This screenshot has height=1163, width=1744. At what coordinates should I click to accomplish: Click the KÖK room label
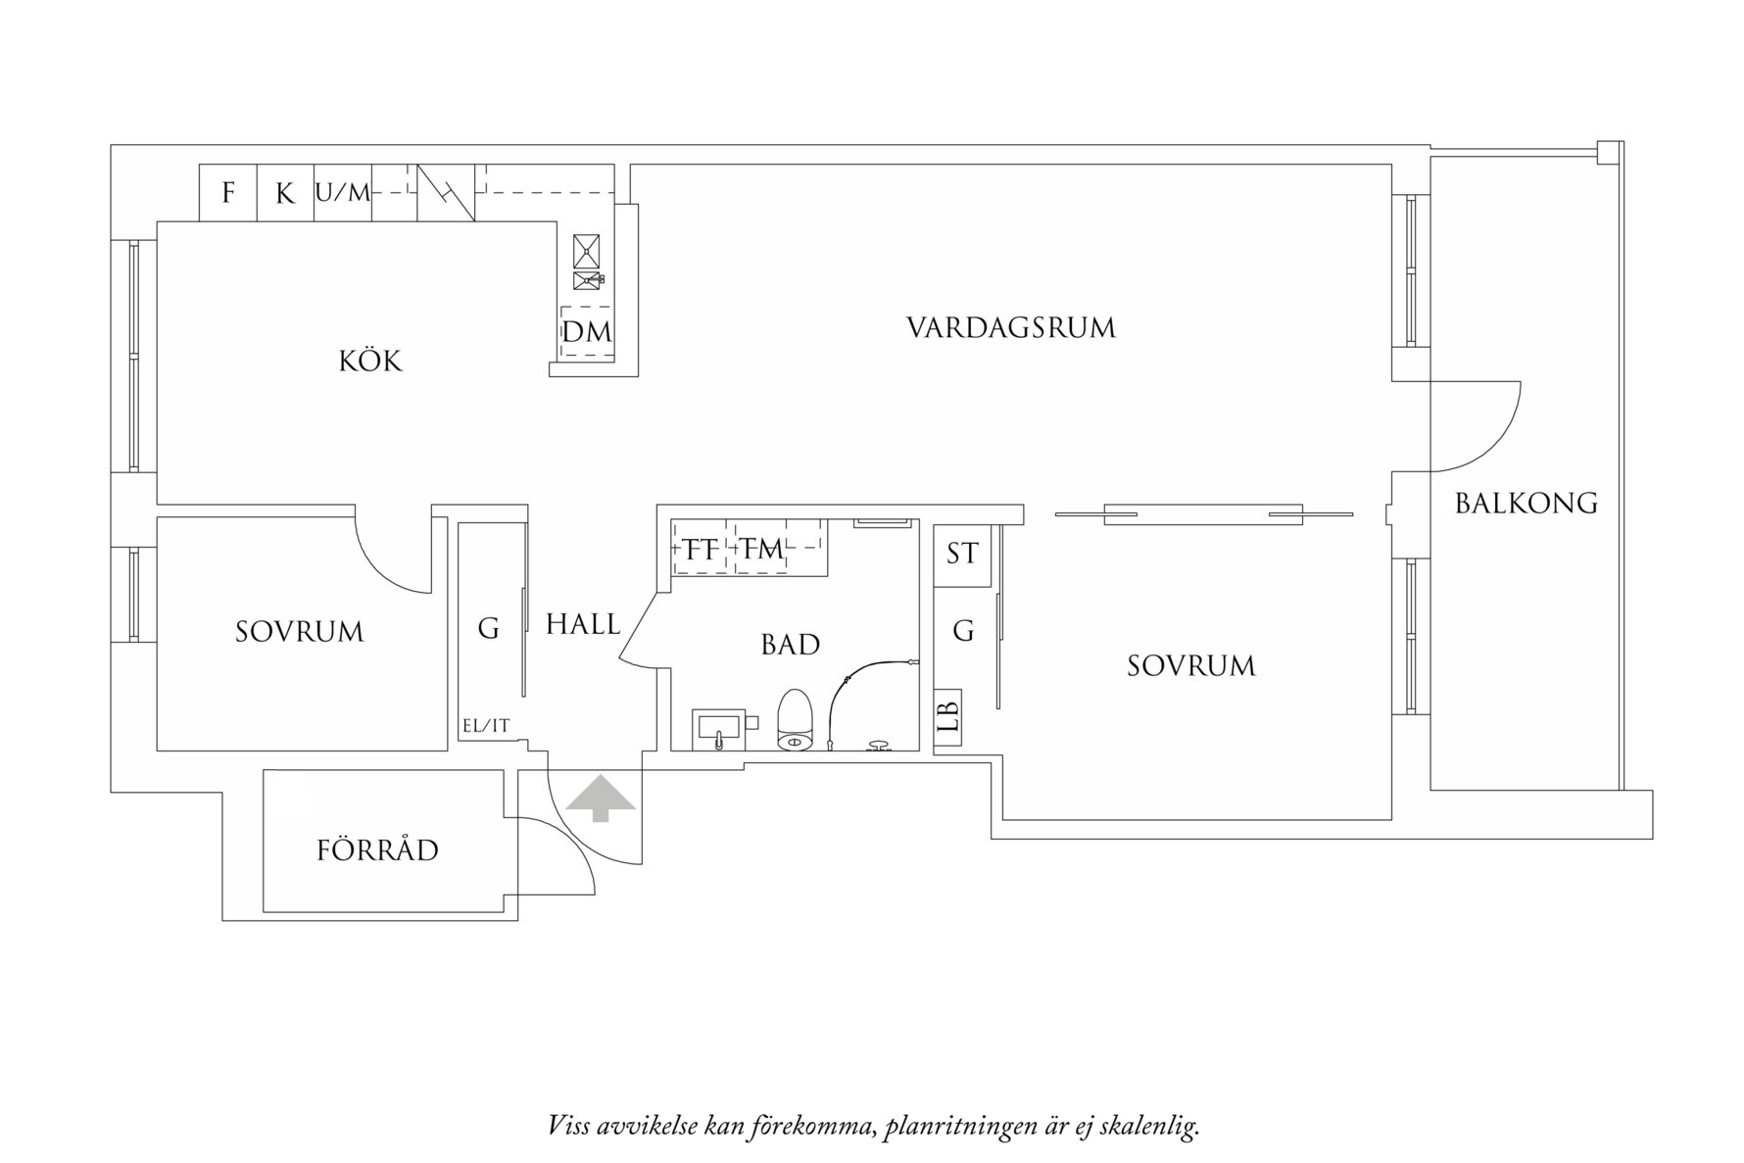click(x=370, y=362)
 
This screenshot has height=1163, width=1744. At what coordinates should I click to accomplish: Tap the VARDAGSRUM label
click(x=1010, y=327)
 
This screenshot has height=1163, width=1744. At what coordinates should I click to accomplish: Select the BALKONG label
click(x=1526, y=504)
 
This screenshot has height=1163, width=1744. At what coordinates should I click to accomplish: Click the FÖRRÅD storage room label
click(x=377, y=849)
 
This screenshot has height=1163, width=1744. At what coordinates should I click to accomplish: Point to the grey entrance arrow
click(x=600, y=799)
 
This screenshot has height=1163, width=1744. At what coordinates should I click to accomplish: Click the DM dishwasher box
click(x=586, y=333)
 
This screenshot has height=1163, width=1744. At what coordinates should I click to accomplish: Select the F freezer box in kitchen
click(x=228, y=193)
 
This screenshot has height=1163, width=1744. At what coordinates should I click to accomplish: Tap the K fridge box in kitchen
click(x=285, y=193)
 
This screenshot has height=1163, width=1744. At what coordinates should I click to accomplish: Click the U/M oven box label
click(x=343, y=193)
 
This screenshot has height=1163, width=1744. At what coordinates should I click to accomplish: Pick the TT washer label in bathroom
click(x=701, y=550)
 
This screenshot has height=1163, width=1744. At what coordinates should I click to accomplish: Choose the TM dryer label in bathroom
click(x=761, y=550)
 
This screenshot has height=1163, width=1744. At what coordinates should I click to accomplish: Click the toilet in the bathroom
click(x=796, y=719)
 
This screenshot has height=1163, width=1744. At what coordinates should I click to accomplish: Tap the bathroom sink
click(x=719, y=728)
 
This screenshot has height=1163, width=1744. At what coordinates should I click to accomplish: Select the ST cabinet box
click(x=962, y=555)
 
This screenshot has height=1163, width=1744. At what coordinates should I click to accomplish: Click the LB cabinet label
click(x=947, y=713)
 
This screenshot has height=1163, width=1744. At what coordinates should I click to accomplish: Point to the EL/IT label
click(x=486, y=726)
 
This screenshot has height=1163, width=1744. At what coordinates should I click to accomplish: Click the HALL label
click(x=583, y=624)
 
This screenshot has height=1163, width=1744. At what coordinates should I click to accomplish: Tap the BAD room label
click(x=790, y=645)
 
